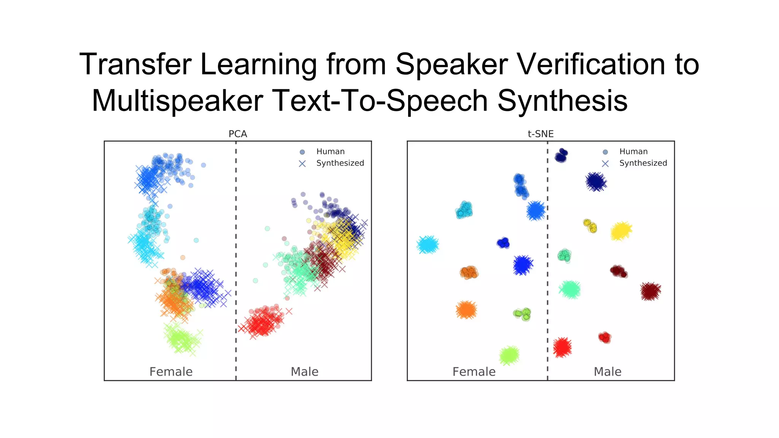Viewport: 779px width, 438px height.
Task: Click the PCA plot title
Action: point(238,134)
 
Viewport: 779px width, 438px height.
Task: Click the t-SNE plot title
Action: point(541,134)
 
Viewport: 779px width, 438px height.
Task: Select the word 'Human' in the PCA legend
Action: point(330,151)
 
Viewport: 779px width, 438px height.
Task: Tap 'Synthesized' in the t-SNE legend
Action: point(643,163)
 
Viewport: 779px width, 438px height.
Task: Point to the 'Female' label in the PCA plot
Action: point(171,371)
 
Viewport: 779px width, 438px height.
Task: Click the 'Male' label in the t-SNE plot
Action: point(607,371)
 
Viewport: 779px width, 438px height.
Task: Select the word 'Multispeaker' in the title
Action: point(178,100)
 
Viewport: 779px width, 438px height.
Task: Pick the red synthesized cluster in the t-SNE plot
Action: point(562,347)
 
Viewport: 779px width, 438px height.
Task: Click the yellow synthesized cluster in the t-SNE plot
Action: point(621,230)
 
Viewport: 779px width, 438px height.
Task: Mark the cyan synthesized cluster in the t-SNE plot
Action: point(428,245)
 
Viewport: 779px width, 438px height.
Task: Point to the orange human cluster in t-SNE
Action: point(469,272)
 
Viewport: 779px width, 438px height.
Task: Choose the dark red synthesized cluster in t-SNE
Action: point(650,291)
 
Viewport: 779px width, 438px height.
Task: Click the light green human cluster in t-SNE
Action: point(522,314)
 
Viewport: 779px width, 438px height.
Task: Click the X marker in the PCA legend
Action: point(302,163)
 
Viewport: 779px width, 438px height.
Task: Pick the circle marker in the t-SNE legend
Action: point(605,152)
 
